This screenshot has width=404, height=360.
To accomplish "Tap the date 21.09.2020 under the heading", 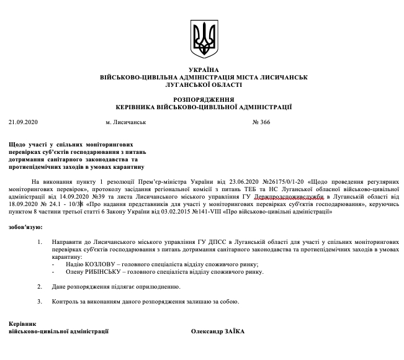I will (23, 122).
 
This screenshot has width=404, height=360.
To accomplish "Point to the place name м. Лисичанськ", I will (126, 122).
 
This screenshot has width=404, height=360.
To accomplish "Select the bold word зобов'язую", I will (25, 227).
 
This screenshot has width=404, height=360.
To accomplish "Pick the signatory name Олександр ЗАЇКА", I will (218, 331).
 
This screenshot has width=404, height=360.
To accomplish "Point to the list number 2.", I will (39, 287).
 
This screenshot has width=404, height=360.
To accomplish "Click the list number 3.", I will (39, 302).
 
